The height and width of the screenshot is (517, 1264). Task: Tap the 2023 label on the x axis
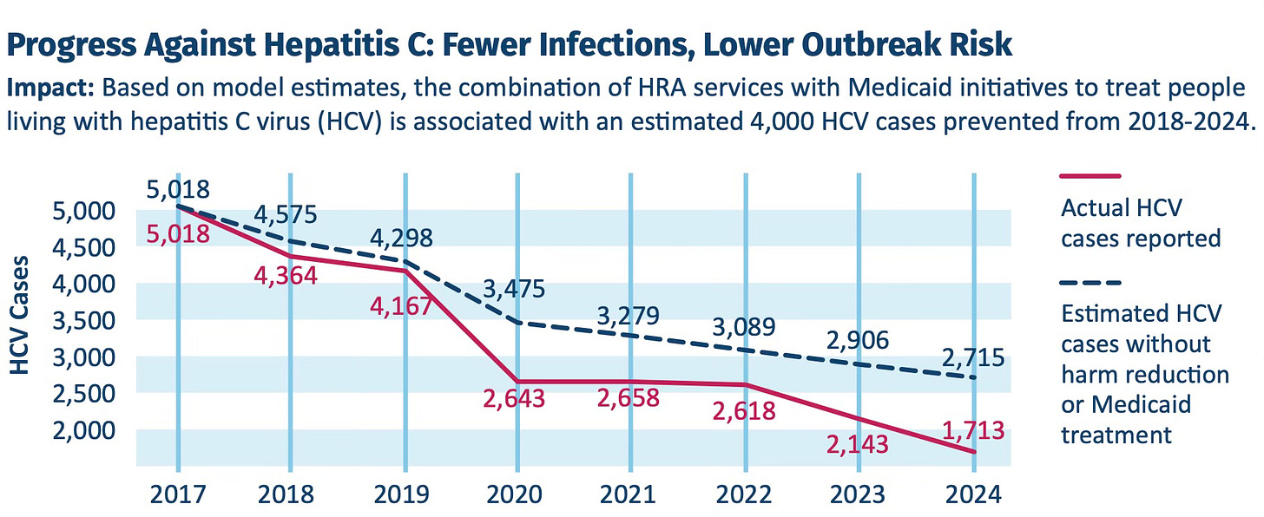859,496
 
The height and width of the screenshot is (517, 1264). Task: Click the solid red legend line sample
1091,177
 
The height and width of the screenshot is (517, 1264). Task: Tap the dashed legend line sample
1091,283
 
